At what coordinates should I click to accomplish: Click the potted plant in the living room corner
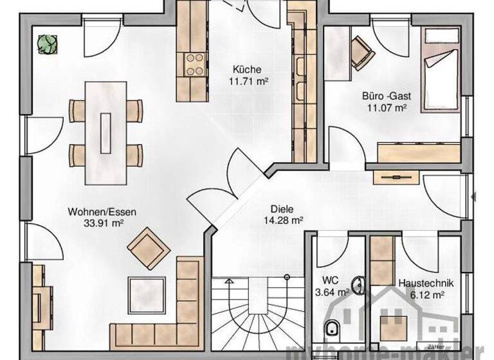click(x=46, y=44)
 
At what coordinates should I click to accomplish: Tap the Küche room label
click(x=248, y=69)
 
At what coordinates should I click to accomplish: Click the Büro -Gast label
click(x=386, y=96)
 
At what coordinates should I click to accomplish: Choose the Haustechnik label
click(x=426, y=282)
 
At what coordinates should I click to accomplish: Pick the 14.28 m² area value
click(x=283, y=220)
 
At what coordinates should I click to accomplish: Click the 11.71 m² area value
click(x=248, y=81)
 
